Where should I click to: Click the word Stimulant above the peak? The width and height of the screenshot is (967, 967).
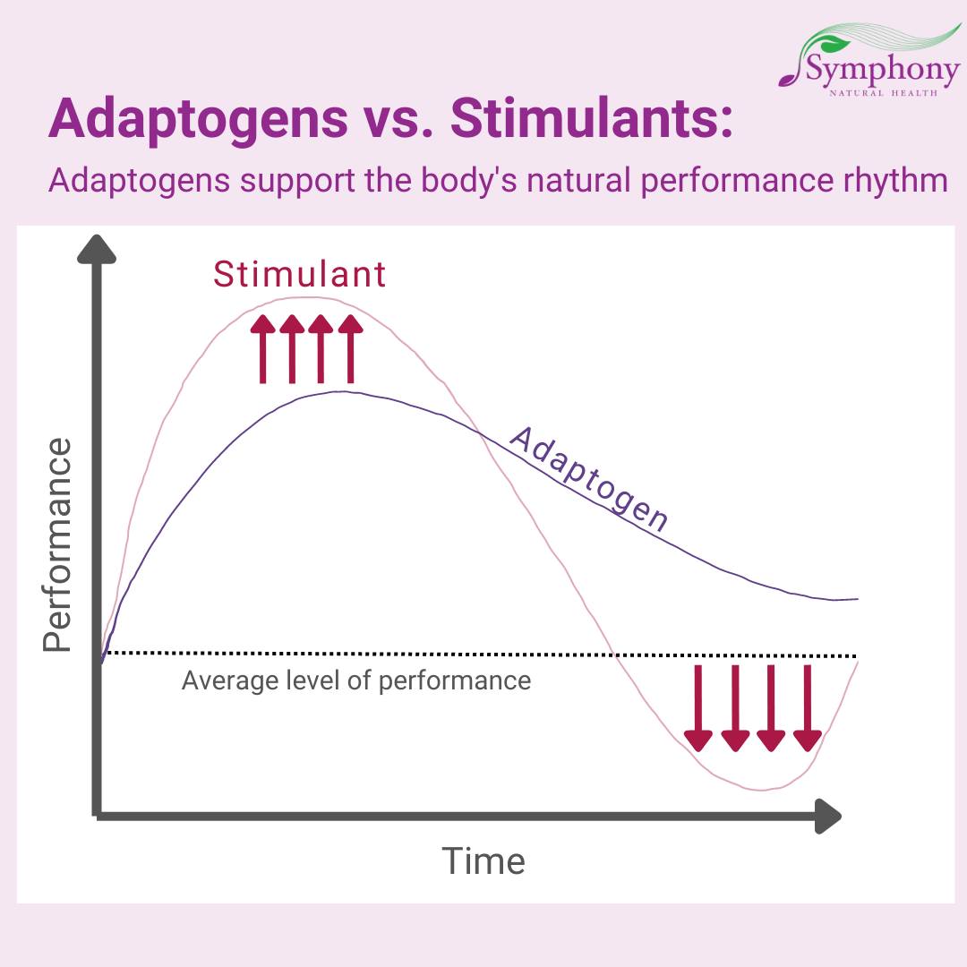point(299,275)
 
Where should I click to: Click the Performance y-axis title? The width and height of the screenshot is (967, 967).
point(57,544)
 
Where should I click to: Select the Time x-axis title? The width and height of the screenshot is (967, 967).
point(483,861)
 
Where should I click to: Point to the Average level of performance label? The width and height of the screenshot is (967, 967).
point(356,680)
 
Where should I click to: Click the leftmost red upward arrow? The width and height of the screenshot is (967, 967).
point(262,348)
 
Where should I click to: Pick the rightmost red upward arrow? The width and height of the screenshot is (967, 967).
point(351,348)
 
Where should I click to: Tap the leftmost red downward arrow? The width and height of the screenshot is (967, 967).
point(698,708)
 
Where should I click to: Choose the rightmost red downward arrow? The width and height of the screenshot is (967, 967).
point(808,708)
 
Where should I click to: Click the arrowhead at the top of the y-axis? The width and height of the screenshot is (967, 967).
point(96,249)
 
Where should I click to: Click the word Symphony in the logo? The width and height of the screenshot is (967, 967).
point(883,71)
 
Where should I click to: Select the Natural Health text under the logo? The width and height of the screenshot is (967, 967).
point(883,93)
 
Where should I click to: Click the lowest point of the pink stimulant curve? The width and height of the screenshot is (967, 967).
point(762,790)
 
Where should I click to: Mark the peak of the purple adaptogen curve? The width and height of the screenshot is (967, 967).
point(341,392)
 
